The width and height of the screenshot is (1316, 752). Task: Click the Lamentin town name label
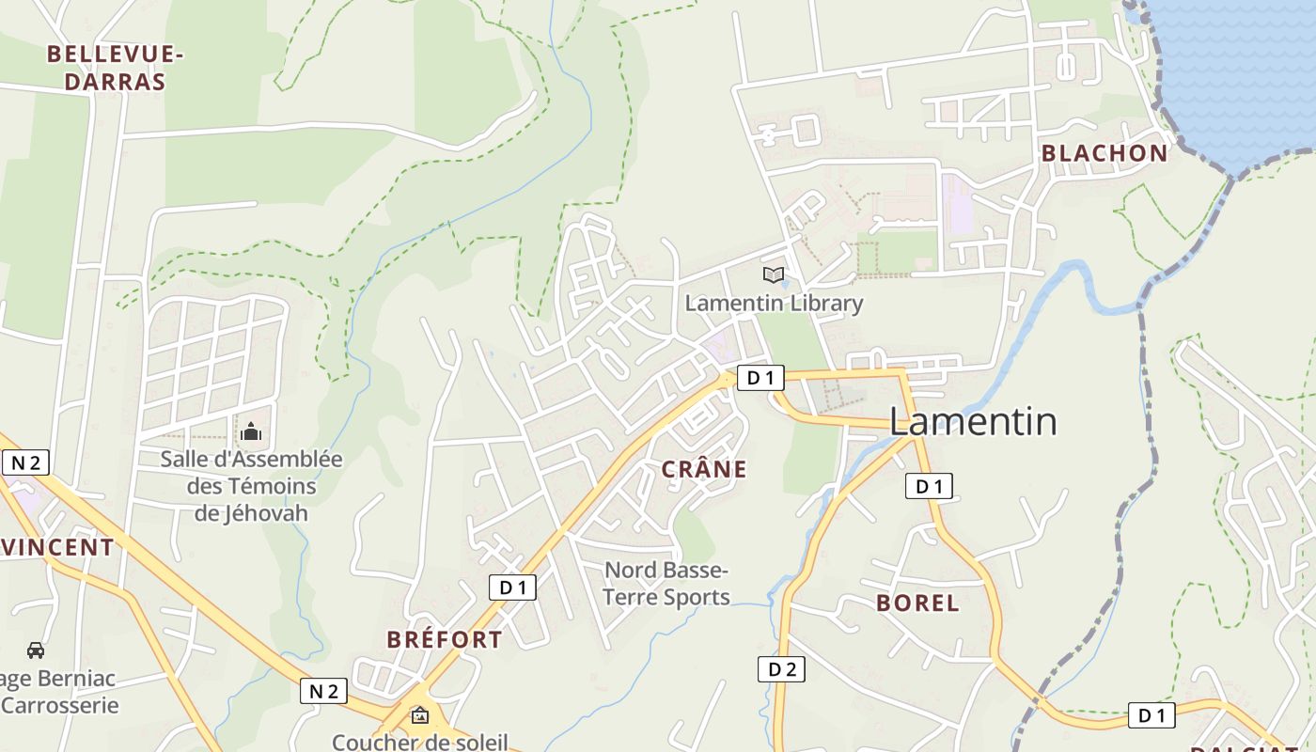tap(973, 422)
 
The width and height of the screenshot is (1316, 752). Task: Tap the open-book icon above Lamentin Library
tap(773, 274)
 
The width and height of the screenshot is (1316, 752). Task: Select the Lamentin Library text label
tap(773, 303)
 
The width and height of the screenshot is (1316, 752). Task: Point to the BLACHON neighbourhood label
tap(1104, 153)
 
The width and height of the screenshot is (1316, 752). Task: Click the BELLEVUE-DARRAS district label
tap(115, 68)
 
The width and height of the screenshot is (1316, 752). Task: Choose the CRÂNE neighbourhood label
tap(704, 469)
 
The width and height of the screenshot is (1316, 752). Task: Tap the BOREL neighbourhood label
tap(917, 603)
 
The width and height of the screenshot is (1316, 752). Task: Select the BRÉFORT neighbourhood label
tap(445, 639)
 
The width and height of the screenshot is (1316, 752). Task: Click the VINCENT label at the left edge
tap(56, 547)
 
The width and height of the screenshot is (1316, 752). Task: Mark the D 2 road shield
tap(781, 669)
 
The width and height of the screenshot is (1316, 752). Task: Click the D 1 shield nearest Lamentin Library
tap(760, 378)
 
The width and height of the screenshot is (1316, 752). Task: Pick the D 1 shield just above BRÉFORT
tap(512, 587)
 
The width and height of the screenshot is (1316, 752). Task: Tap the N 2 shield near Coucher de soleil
tap(323, 691)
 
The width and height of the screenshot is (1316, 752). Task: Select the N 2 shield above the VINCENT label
tap(25, 462)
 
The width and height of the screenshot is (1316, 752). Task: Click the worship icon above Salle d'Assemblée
tap(251, 431)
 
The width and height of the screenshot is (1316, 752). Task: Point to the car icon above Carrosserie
tap(36, 650)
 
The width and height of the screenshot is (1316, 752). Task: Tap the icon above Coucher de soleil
tap(419, 715)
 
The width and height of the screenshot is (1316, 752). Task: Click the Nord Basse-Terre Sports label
tap(666, 583)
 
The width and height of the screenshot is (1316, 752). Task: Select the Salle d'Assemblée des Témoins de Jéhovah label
tap(251, 486)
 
